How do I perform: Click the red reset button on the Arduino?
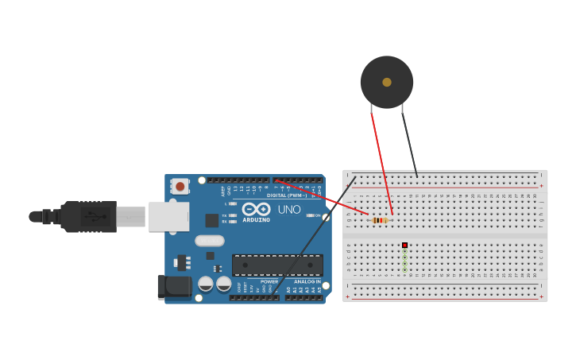[x=180, y=187]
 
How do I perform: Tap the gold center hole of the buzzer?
[x=387, y=82]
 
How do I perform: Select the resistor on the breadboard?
[x=380, y=220]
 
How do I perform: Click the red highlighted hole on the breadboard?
[x=404, y=246]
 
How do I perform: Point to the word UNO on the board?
[x=289, y=210]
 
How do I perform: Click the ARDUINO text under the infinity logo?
[x=256, y=220]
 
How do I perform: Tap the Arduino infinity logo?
[x=256, y=210]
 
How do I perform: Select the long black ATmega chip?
[x=277, y=265]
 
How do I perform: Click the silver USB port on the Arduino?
[x=168, y=216]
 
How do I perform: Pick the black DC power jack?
[x=173, y=287]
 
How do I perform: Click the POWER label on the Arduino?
[x=269, y=281]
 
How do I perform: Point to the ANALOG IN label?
[x=307, y=281]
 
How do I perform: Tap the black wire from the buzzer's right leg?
[x=409, y=143]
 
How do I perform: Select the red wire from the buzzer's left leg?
[x=380, y=159]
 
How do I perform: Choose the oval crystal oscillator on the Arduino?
[x=210, y=241]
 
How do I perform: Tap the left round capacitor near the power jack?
[x=205, y=284]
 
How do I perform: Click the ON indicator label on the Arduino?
[x=317, y=215]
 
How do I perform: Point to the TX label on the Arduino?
[x=224, y=215]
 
